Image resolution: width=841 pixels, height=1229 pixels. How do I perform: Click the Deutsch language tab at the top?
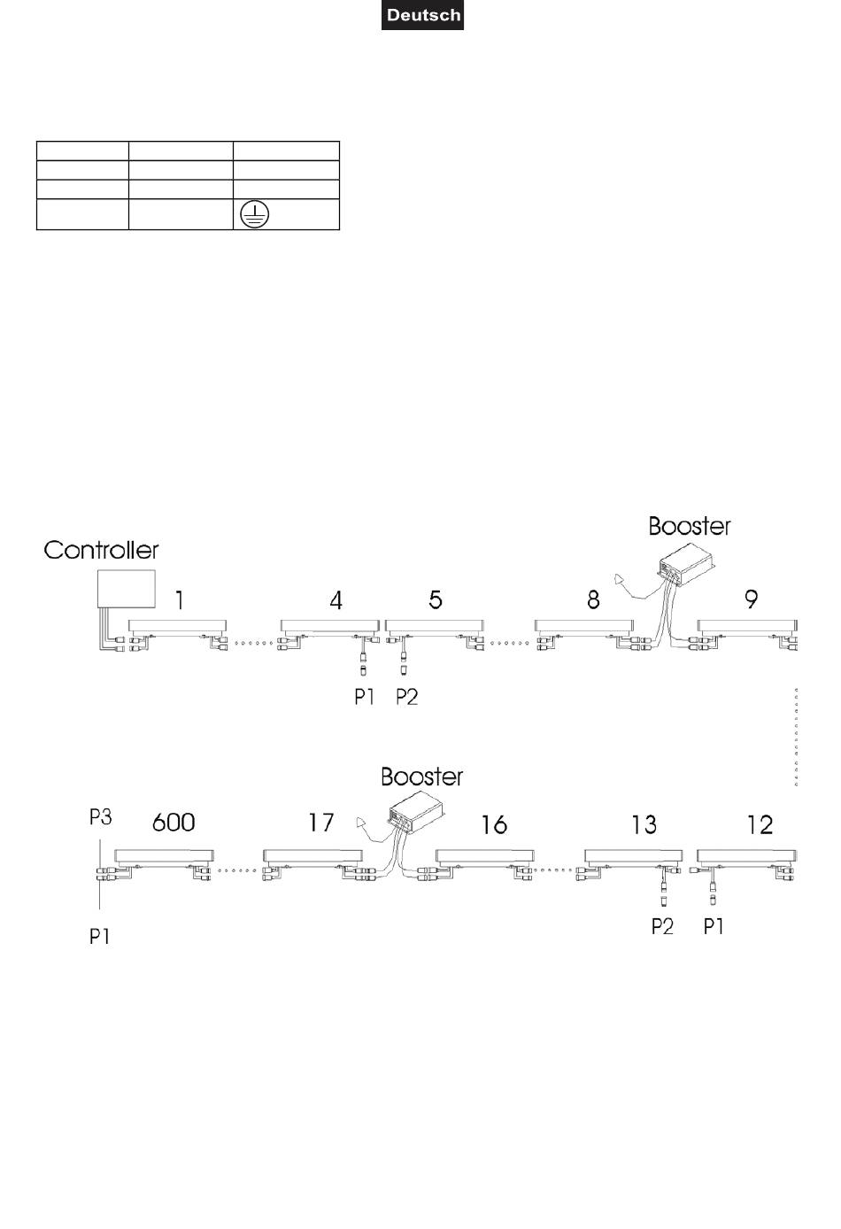(x=422, y=15)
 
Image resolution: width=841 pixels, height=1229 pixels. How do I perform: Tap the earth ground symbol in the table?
(x=255, y=214)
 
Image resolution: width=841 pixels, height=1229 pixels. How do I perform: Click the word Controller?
(x=101, y=551)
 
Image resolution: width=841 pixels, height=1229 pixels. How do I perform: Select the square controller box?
(x=127, y=589)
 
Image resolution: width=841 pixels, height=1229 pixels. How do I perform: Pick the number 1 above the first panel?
(x=180, y=600)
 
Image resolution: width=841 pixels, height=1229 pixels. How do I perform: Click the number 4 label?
(x=336, y=601)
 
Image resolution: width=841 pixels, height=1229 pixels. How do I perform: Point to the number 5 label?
(x=435, y=599)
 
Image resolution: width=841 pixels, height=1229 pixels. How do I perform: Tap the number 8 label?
(x=593, y=599)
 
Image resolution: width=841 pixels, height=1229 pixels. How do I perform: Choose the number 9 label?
(x=751, y=599)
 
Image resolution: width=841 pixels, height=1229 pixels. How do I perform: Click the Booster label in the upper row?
(x=690, y=526)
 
